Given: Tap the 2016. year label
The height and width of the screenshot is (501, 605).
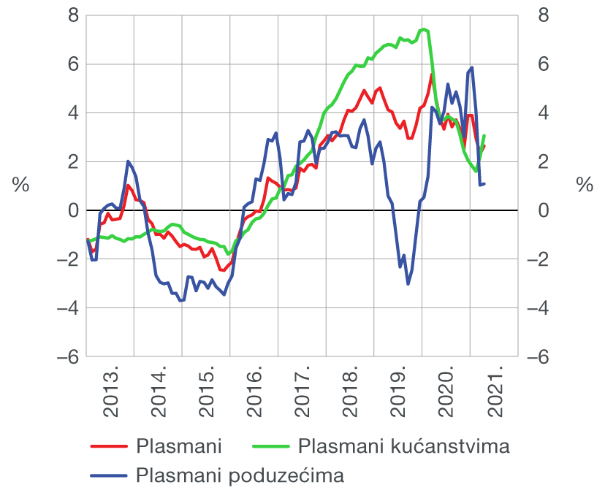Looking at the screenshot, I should click(x=255, y=394).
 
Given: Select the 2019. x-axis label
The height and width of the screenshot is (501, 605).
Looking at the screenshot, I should click(x=400, y=394).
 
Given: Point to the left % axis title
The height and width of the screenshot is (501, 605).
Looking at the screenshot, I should click(x=20, y=186).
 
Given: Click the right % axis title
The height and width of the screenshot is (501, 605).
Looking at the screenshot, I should click(x=584, y=186).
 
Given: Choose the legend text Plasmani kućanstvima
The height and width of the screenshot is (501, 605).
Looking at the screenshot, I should click(x=403, y=445).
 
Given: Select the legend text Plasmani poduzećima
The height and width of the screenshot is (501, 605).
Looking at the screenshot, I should click(x=240, y=476).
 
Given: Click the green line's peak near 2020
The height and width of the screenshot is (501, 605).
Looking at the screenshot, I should click(x=424, y=29).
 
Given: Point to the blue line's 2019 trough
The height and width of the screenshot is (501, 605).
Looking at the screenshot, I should click(x=408, y=283).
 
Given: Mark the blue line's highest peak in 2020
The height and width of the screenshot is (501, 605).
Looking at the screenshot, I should click(x=472, y=67).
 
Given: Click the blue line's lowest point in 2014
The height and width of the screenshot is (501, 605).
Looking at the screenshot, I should click(x=181, y=300).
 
